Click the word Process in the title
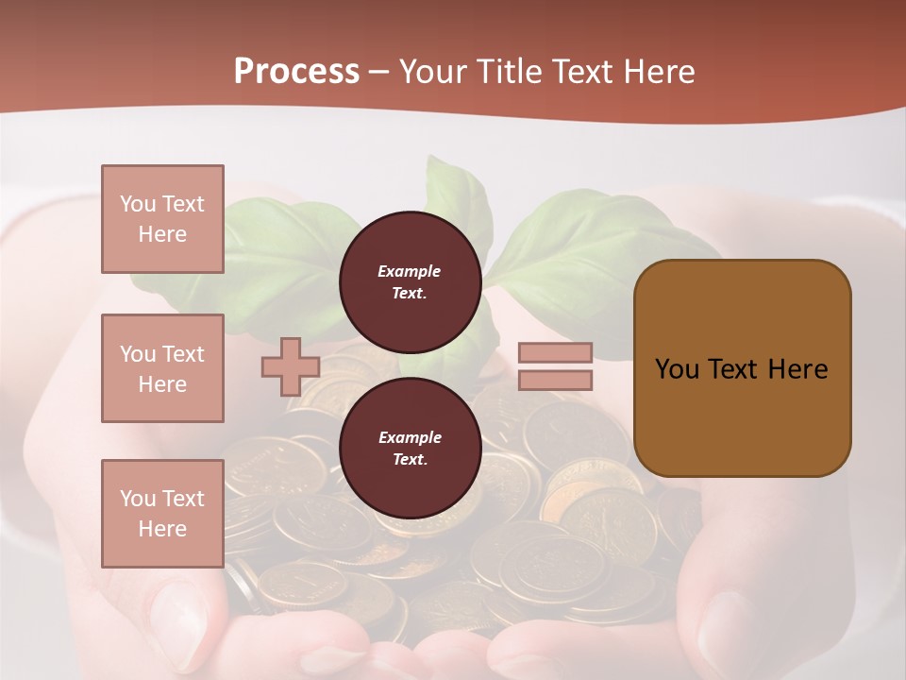coord(296,72)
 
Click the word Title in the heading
coord(507,72)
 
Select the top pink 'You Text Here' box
coord(162,219)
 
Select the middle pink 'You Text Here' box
coord(162,368)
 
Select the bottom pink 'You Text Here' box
coord(162,513)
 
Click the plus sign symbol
coord(290,366)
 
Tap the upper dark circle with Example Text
coord(410,281)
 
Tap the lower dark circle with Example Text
coord(410,448)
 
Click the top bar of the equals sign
coord(555,352)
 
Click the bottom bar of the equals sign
coord(555,380)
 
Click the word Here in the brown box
coord(797,369)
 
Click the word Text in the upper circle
coord(409,293)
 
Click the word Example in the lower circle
coord(410,437)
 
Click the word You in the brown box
coord(677,369)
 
